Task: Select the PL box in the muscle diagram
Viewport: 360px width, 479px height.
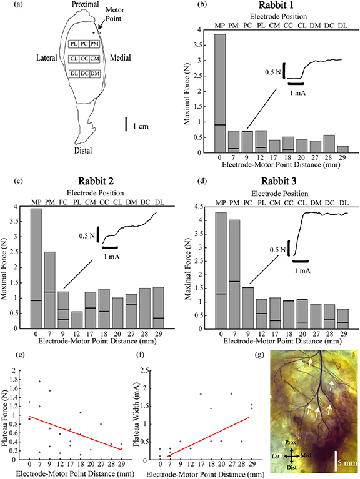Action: (x=74, y=44)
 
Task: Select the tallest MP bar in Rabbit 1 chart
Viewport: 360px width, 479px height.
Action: (x=219, y=93)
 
